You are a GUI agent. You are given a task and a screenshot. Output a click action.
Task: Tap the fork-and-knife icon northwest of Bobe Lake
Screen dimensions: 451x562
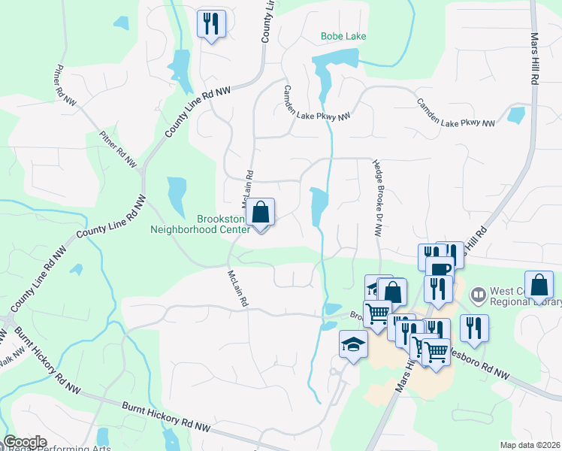pyautogui.click(x=211, y=23)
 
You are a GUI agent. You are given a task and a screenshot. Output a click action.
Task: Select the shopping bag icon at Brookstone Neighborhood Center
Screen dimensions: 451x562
pyautogui.click(x=261, y=213)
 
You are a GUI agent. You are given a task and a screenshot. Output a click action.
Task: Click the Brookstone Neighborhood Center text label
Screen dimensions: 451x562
pyautogui.click(x=200, y=225)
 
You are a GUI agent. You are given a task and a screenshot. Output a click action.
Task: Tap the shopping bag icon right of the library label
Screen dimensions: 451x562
pyautogui.click(x=539, y=285)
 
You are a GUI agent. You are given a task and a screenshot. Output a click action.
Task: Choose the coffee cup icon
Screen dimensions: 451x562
pyautogui.click(x=439, y=268)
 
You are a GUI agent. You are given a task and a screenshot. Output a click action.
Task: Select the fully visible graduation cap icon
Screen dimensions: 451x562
pyautogui.click(x=353, y=345)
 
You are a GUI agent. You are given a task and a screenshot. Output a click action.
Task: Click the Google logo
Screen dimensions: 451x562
pyautogui.click(x=25, y=442)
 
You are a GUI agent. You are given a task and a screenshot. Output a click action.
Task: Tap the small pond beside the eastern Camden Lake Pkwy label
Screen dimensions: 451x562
pyautogui.click(x=516, y=115)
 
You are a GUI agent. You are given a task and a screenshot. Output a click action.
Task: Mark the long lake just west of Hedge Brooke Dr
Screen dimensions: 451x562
pyautogui.click(x=319, y=206)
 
